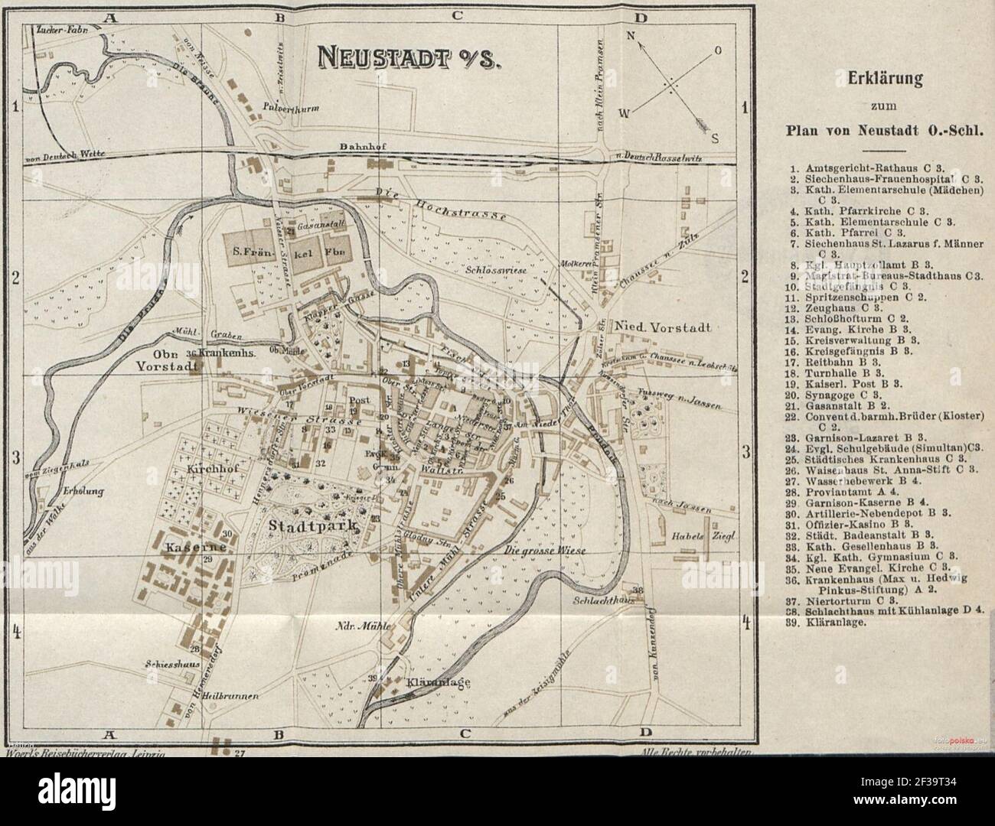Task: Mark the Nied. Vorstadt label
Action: point(664,327)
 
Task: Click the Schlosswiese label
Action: point(496,270)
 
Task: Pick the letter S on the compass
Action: point(715,138)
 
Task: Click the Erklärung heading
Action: point(879,80)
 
